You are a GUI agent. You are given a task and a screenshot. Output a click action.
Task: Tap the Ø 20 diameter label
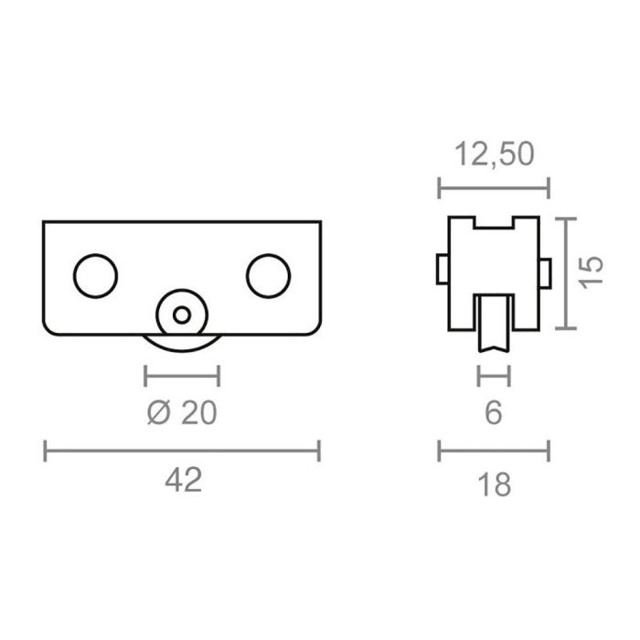click(182, 413)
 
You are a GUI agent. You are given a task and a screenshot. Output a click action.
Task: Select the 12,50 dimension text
click(494, 155)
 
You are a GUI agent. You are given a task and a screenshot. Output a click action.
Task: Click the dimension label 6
click(494, 413)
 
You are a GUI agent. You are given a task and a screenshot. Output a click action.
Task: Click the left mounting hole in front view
click(95, 275)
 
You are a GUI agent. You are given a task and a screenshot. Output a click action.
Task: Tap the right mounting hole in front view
click(269, 275)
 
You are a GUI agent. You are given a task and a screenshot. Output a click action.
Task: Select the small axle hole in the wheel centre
click(183, 315)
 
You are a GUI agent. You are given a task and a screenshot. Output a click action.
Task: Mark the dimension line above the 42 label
click(183, 450)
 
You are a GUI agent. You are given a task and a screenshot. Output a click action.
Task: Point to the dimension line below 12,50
click(494, 189)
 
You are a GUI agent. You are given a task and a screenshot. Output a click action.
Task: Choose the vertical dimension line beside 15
click(571, 273)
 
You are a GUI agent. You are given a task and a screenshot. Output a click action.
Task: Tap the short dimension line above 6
click(494, 375)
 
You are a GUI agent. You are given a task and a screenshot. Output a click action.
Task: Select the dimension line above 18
click(494, 450)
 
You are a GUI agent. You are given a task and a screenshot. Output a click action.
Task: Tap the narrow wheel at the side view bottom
click(494, 325)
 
